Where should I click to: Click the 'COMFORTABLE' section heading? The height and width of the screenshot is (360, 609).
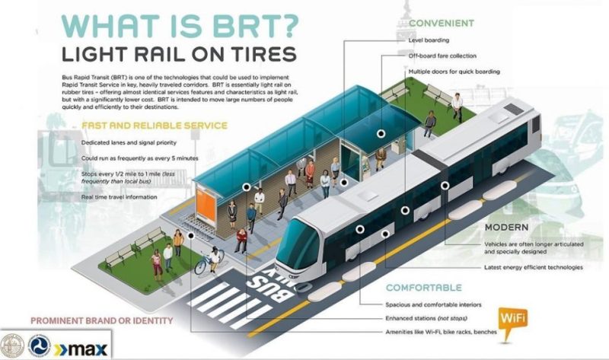pyautogui.click(x=423, y=288)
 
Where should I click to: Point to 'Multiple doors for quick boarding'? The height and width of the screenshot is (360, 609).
pyautogui.click(x=455, y=71)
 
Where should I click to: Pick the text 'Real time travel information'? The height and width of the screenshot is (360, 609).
pyautogui.click(x=120, y=197)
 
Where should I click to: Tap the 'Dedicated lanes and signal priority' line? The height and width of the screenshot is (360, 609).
pyautogui.click(x=129, y=143)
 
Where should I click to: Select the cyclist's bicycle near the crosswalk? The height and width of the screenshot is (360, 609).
pyautogui.click(x=204, y=266)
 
